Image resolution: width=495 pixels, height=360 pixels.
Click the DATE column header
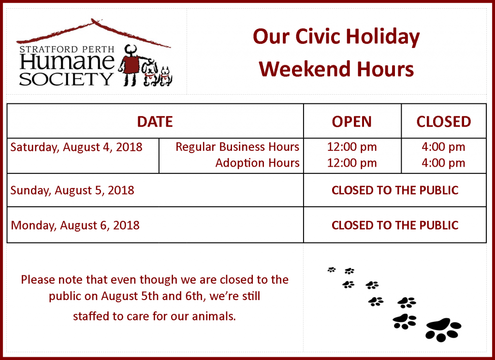[155, 122]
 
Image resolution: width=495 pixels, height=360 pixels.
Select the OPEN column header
[352, 122]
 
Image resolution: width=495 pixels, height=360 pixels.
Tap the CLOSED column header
[444, 122]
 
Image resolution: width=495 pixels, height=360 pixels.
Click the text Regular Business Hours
[237, 147]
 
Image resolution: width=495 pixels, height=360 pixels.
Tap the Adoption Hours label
[258, 163]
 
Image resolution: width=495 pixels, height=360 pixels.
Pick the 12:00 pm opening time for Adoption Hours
[352, 163]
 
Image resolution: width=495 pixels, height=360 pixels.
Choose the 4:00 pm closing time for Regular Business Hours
[444, 147]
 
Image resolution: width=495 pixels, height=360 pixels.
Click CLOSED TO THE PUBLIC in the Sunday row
[395, 190]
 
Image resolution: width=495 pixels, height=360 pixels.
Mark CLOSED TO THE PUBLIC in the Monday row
[395, 225]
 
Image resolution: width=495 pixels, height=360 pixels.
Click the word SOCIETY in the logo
[66, 79]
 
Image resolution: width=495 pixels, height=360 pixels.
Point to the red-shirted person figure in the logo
[131, 65]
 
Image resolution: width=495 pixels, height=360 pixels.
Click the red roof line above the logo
[93, 31]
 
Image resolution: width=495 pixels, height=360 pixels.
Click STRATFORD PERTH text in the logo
[67, 50]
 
